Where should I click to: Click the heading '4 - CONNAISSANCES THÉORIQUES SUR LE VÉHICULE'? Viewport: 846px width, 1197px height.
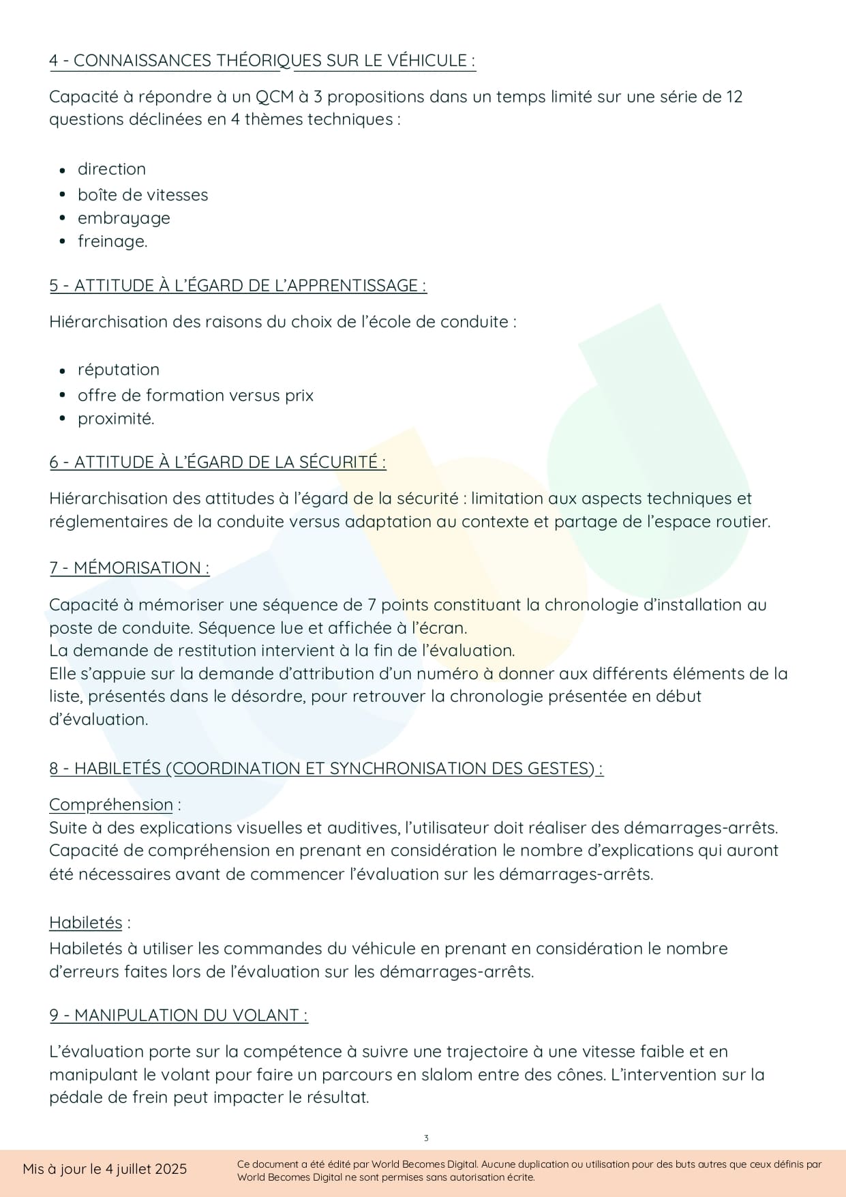tap(262, 61)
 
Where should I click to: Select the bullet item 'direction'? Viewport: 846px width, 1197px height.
tap(111, 169)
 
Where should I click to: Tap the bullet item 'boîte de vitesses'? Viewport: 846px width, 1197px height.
tap(142, 195)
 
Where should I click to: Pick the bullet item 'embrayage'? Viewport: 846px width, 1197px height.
tap(123, 218)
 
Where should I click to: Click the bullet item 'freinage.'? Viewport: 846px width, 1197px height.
tap(112, 241)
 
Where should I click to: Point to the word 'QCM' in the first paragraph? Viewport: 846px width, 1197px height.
tap(274, 97)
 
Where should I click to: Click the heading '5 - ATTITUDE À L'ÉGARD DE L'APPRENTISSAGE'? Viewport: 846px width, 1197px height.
tap(237, 286)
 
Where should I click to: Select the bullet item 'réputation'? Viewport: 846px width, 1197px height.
tap(118, 370)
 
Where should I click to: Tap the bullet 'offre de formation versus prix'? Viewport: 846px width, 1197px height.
tap(195, 396)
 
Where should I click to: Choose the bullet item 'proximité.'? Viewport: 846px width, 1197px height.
tap(116, 419)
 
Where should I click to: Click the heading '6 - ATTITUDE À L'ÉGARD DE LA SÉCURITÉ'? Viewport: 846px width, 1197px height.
tap(217, 462)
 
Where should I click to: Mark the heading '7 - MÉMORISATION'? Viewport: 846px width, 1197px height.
tap(129, 568)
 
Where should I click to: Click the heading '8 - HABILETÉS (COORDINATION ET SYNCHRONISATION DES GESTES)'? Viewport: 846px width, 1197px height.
tap(325, 769)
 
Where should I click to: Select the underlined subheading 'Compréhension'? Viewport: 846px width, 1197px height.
tap(110, 805)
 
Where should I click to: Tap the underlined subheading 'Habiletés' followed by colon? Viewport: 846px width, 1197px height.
tap(85, 923)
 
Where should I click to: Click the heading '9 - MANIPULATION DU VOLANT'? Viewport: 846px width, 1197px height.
tap(178, 1016)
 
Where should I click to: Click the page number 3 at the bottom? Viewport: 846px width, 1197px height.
tap(426, 1138)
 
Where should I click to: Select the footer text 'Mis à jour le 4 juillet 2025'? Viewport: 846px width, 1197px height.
tap(104, 1169)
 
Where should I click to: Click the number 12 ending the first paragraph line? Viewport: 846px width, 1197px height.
tap(734, 97)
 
